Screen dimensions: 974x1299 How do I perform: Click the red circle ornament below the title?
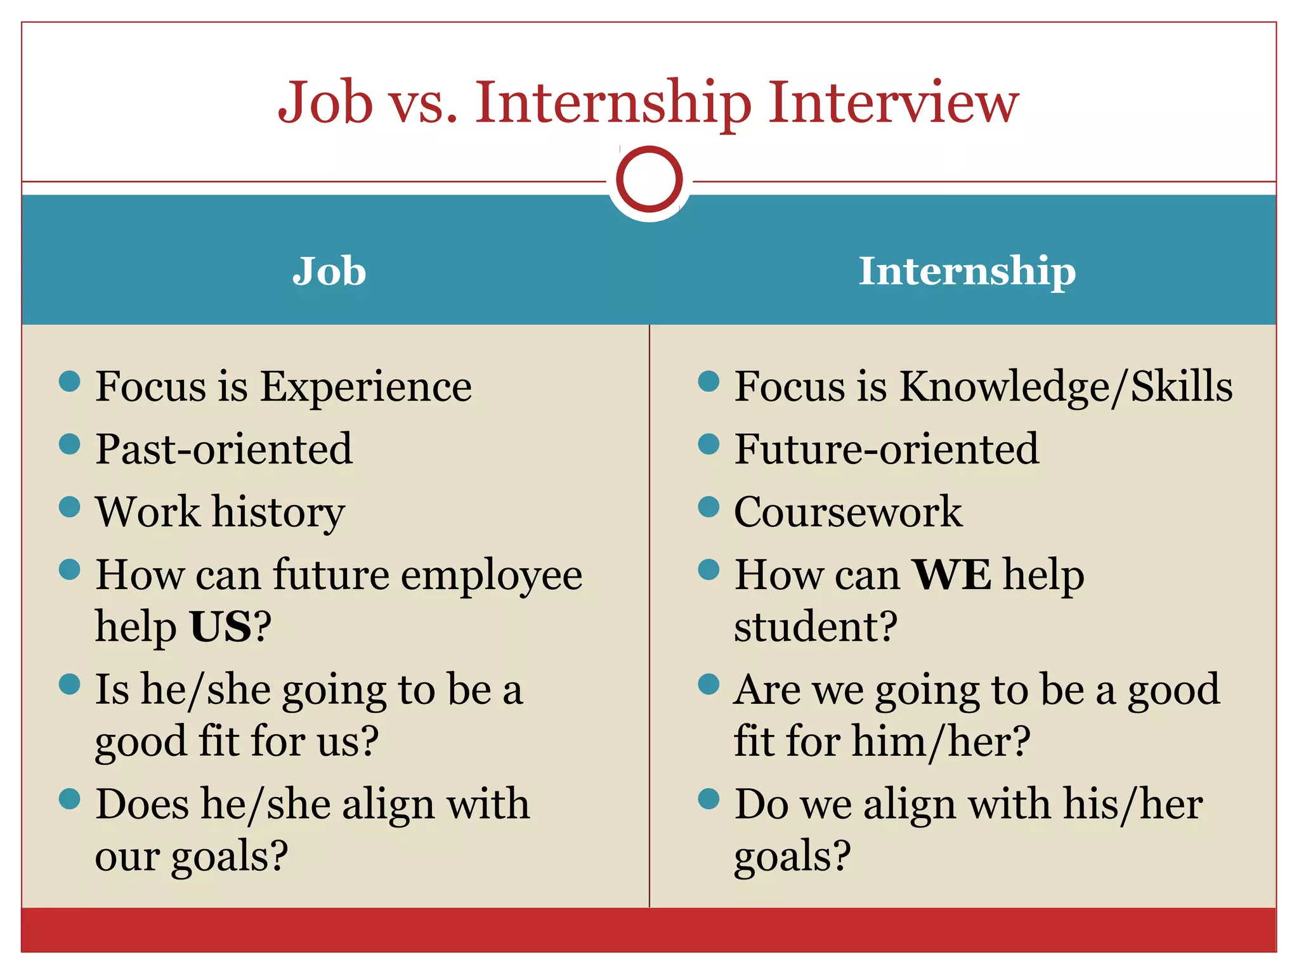(x=649, y=179)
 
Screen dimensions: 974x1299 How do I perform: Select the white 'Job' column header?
(x=329, y=271)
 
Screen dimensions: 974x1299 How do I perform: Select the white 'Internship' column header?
(x=967, y=271)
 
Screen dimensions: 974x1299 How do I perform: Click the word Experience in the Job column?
(x=366, y=386)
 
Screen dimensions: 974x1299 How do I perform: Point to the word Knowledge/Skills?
(x=1066, y=386)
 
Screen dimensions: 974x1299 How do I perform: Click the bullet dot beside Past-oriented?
(x=69, y=444)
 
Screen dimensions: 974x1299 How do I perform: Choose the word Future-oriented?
(x=886, y=449)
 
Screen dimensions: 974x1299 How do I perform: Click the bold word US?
(x=221, y=627)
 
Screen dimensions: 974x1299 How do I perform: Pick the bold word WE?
(x=951, y=575)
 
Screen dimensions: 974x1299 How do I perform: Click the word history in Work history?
(x=278, y=512)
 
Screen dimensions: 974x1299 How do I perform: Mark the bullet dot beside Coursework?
(x=708, y=507)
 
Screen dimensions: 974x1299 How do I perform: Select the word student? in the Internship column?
(x=816, y=627)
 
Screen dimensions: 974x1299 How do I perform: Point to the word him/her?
(x=941, y=741)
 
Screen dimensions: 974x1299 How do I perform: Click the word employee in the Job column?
(x=492, y=576)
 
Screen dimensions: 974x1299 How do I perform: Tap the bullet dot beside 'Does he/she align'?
(x=69, y=799)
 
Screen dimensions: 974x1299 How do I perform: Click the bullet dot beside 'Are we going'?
(x=708, y=684)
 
